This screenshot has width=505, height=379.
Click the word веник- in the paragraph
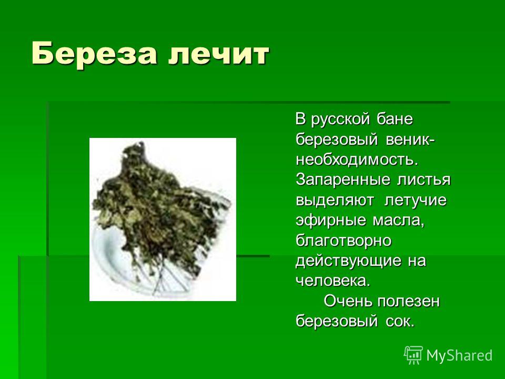click(409, 139)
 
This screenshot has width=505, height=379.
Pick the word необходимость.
click(357, 159)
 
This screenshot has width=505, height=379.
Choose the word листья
click(423, 180)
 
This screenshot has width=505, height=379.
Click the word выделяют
click(335, 201)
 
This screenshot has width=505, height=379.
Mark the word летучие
click(416, 201)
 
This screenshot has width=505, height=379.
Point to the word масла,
click(399, 221)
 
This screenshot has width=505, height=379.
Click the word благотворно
click(344, 241)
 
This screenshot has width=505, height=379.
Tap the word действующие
click(348, 261)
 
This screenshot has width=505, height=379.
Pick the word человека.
click(333, 281)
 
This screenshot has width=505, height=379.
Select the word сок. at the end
click(400, 322)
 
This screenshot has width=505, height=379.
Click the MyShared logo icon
click(413, 355)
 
